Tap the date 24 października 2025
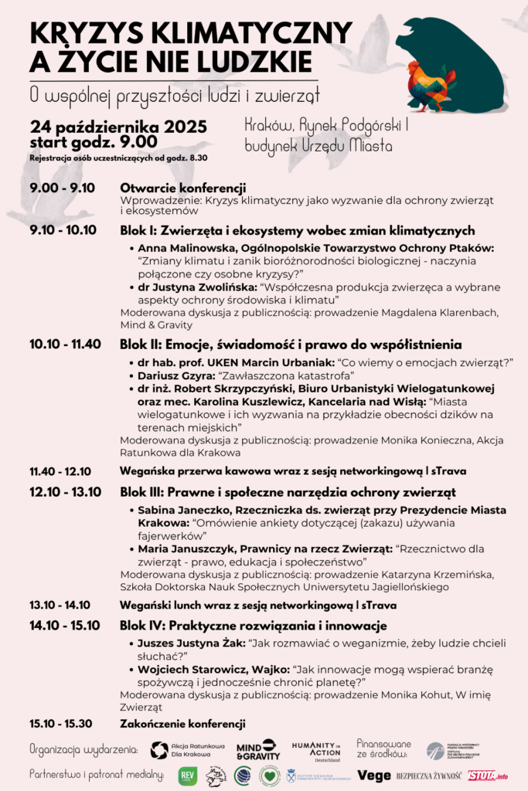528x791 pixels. pyautogui.click(x=118, y=127)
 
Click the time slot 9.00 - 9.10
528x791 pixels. pyautogui.click(x=62, y=188)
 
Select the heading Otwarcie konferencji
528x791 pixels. pyautogui.click(x=182, y=188)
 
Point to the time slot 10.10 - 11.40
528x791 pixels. pyautogui.click(x=65, y=344)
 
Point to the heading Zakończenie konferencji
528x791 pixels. pyautogui.click(x=182, y=724)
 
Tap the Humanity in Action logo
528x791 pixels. pyautogui.click(x=315, y=749)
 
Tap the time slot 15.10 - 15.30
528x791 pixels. pyautogui.click(x=60, y=724)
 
